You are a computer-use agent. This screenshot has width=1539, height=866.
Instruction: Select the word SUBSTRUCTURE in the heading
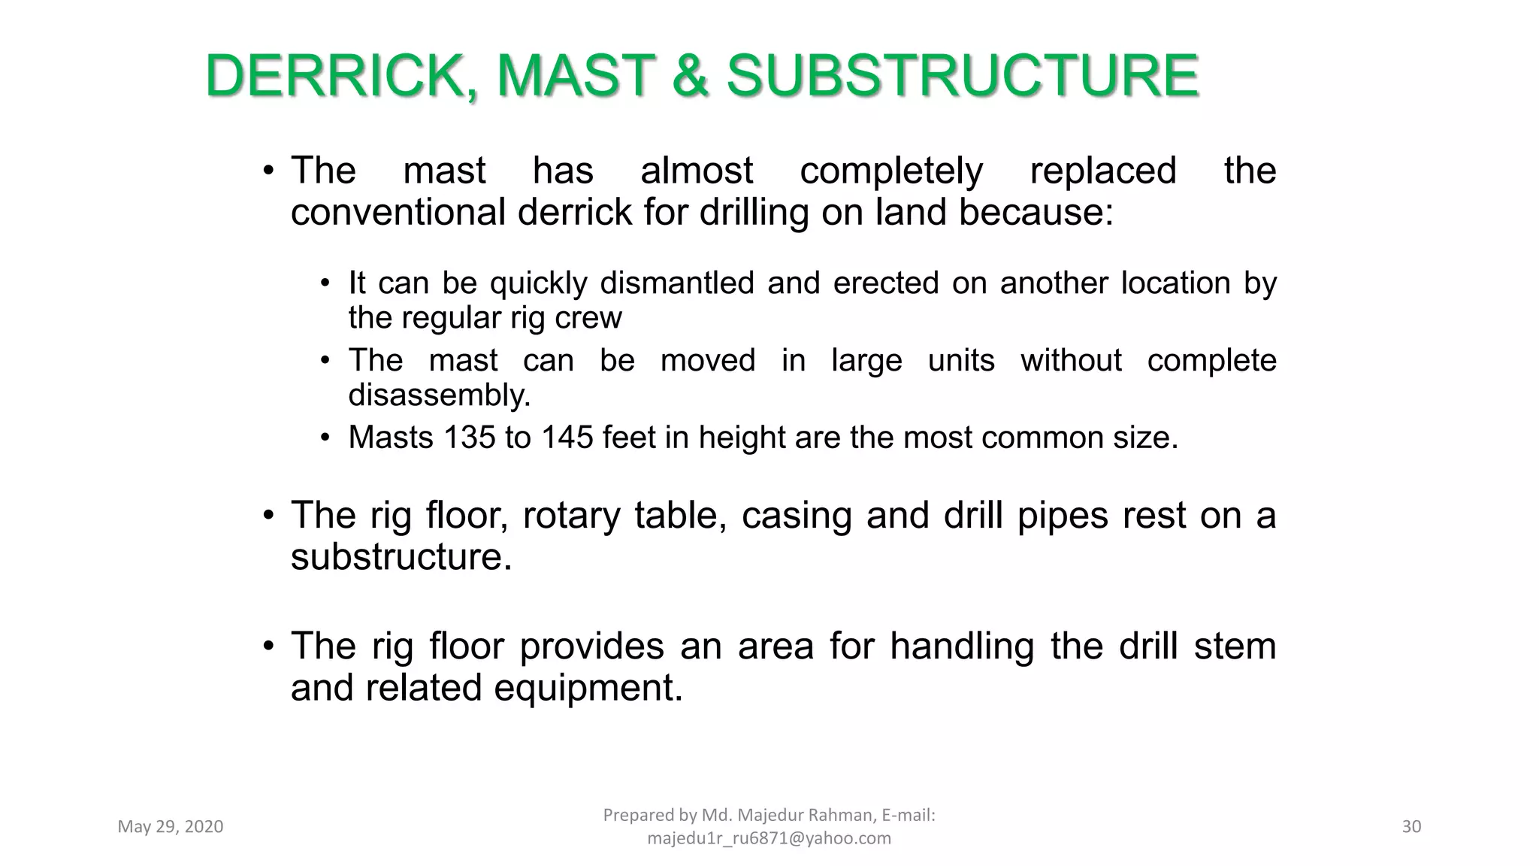pyautogui.click(x=963, y=77)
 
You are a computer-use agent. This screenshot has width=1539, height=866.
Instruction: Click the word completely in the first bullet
pyautogui.click(x=891, y=171)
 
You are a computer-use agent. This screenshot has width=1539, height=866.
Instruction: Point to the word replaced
pyautogui.click(x=1102, y=171)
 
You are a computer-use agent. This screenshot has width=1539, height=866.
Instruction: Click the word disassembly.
pyautogui.click(x=439, y=395)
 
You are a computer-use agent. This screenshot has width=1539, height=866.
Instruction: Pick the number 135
pyautogui.click(x=470, y=438)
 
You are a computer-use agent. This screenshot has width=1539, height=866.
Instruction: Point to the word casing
pyautogui.click(x=796, y=516)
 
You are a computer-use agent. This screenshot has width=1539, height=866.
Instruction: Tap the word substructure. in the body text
pyautogui.click(x=401, y=557)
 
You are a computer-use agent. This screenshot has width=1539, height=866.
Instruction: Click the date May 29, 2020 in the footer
pyautogui.click(x=171, y=827)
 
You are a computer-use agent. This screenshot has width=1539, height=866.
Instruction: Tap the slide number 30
pyautogui.click(x=1411, y=827)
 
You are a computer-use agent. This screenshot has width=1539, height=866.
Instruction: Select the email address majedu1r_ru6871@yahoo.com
pyautogui.click(x=769, y=838)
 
